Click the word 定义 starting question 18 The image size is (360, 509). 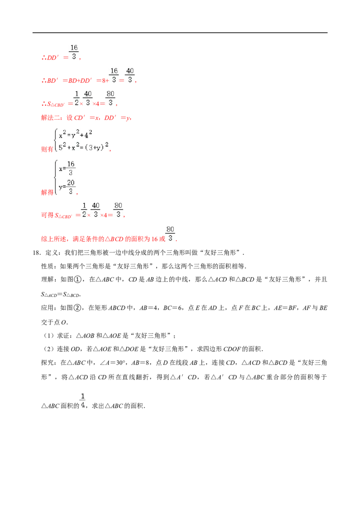point(52,253)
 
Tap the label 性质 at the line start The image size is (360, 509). point(47,267)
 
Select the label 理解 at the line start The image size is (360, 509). point(47,280)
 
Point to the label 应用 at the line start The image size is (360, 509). point(47,308)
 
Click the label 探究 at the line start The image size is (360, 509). point(47,362)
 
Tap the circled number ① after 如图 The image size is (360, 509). point(77,280)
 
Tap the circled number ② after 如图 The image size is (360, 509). point(77,308)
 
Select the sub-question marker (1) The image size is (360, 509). point(49,335)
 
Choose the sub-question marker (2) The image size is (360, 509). point(49,349)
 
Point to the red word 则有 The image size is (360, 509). point(47,149)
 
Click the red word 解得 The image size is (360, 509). point(47,192)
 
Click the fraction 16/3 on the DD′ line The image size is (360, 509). point(74,52)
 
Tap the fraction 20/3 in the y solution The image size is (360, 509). point(71,187)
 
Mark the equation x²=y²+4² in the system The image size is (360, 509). point(76,134)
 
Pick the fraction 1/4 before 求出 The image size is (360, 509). point(83,401)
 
